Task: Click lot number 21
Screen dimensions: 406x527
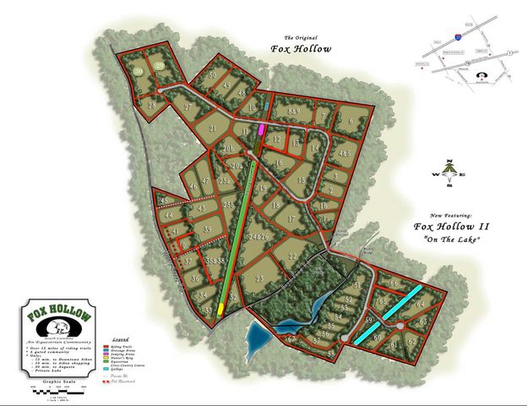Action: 215,129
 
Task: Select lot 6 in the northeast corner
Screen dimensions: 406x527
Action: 350,121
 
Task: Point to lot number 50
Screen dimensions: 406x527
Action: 213,75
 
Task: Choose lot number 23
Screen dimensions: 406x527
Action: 261,277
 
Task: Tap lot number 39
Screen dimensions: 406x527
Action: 207,228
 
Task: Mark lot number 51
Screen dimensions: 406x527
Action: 356,286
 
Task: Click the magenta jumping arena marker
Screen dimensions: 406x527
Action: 262,130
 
